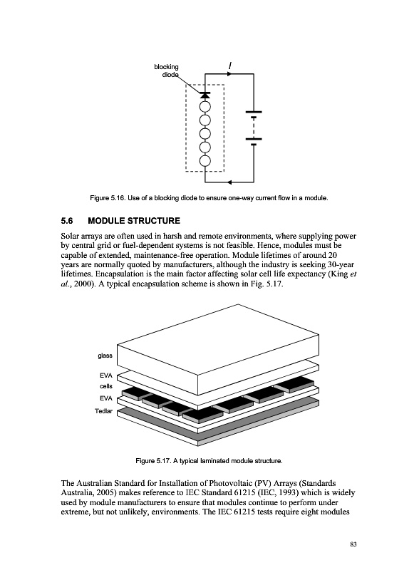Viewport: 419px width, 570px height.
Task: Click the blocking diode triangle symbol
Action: coord(205,95)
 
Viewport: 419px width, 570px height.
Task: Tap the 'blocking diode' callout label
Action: coord(167,71)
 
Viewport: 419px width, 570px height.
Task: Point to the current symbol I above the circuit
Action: coord(230,66)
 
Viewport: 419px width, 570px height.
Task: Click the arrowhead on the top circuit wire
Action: coord(229,74)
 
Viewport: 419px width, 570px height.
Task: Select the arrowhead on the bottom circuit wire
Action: coord(229,182)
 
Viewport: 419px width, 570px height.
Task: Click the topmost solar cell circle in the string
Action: coord(205,106)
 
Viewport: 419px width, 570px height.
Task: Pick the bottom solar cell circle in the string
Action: coord(205,161)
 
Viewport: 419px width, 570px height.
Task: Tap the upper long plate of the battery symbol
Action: coord(254,112)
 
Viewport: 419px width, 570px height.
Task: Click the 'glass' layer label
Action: coord(105,356)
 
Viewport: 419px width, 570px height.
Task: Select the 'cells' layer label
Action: coord(106,386)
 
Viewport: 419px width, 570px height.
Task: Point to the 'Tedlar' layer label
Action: coord(103,411)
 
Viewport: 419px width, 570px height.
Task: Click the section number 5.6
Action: coord(67,221)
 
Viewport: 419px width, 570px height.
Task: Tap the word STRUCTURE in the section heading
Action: coord(154,221)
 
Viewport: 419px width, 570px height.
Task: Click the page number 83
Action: coord(353,544)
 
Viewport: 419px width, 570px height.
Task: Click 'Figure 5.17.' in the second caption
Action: coord(153,461)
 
